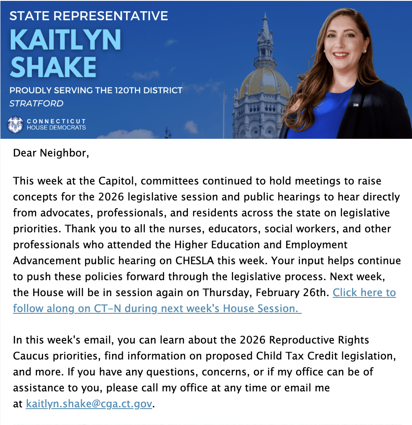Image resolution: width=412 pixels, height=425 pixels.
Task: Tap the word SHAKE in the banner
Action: pyautogui.click(x=53, y=67)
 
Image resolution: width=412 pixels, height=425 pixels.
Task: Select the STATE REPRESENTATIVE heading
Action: pyautogui.click(x=88, y=16)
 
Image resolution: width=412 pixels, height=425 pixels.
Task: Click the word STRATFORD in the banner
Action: pyautogui.click(x=36, y=103)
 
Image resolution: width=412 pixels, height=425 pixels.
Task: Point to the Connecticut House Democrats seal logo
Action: pyautogui.click(x=16, y=124)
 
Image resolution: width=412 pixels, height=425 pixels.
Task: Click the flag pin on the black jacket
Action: pyautogui.click(x=356, y=105)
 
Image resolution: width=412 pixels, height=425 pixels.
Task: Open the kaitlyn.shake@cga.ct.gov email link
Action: pyautogui.click(x=89, y=404)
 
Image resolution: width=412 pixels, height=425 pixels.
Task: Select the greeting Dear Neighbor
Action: pyautogui.click(x=51, y=153)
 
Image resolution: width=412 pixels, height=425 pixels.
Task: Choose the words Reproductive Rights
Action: pyautogui.click(x=319, y=340)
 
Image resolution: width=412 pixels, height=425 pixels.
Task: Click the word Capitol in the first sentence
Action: pyautogui.click(x=104, y=181)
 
